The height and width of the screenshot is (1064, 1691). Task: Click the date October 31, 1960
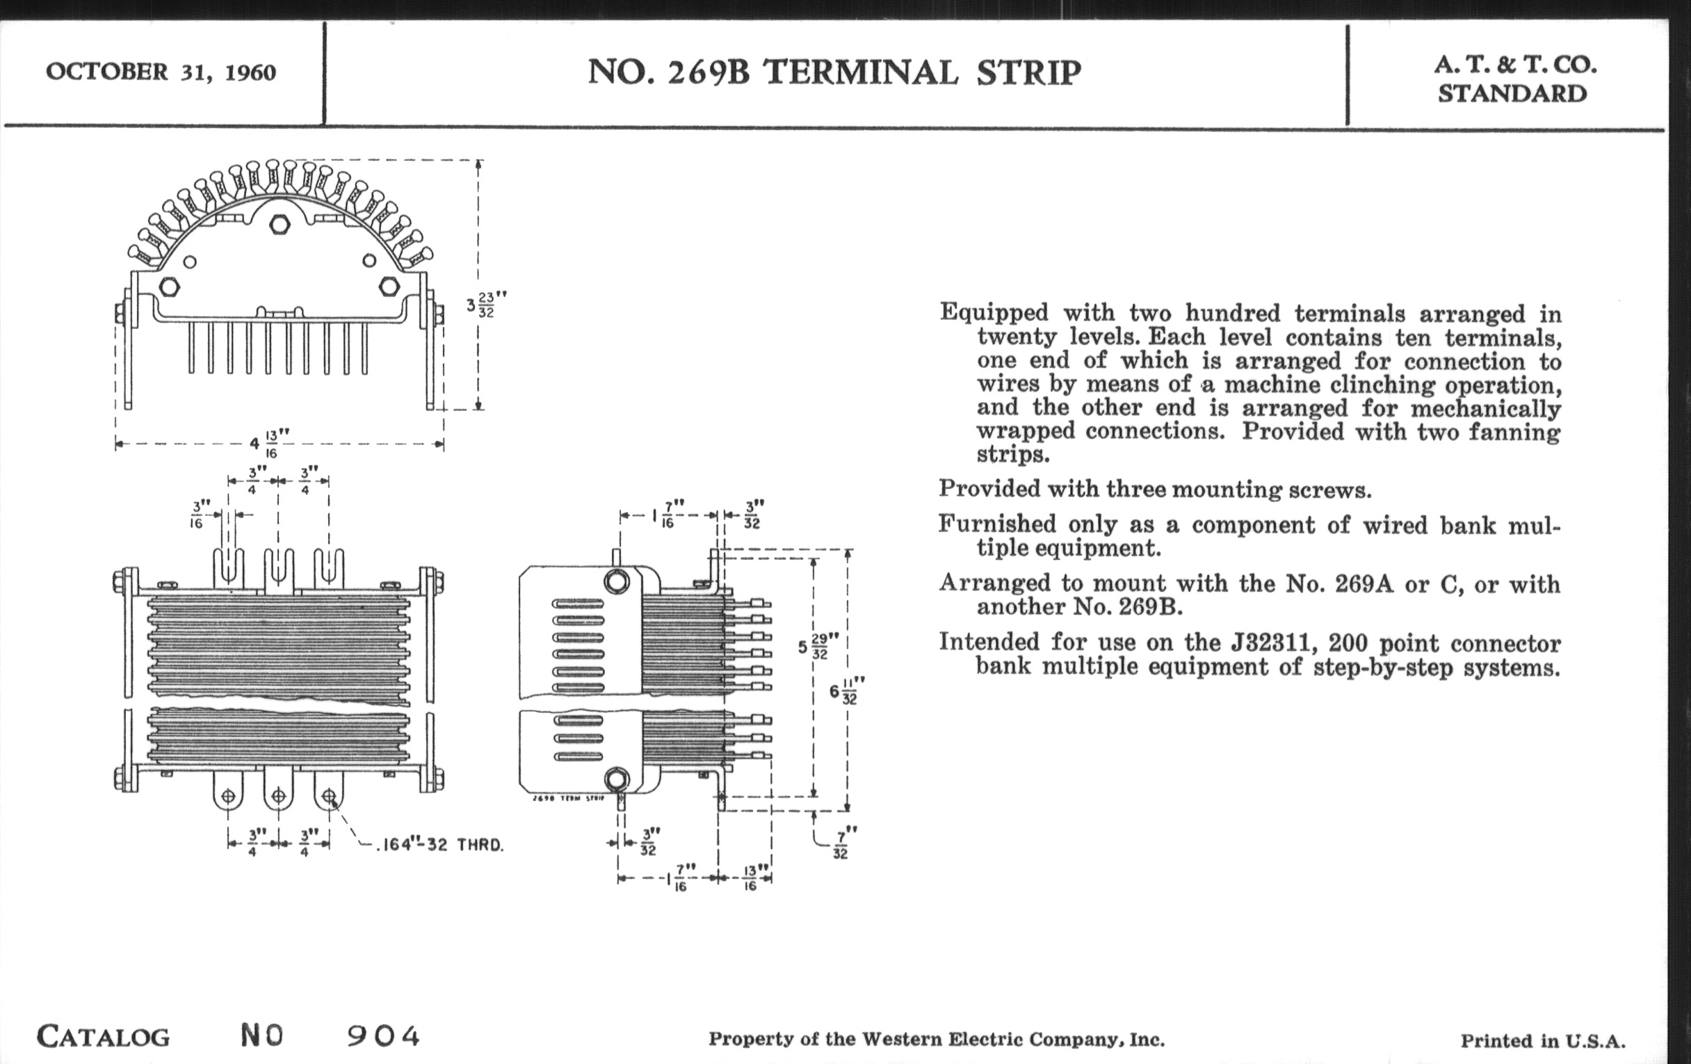pyautogui.click(x=161, y=72)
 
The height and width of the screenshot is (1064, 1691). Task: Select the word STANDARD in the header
pyautogui.click(x=1512, y=93)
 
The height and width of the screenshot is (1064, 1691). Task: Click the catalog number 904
pyautogui.click(x=383, y=1036)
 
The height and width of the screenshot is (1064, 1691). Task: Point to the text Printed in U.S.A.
pyautogui.click(x=1543, y=1041)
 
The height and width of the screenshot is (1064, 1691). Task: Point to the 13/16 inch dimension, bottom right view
pyautogui.click(x=750, y=878)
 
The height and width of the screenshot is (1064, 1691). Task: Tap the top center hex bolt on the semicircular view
pyautogui.click(x=280, y=224)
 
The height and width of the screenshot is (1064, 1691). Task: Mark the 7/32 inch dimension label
pyautogui.click(x=841, y=843)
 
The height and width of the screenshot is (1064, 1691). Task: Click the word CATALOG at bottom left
pyautogui.click(x=103, y=1037)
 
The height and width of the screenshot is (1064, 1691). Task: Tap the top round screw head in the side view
pyautogui.click(x=617, y=581)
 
